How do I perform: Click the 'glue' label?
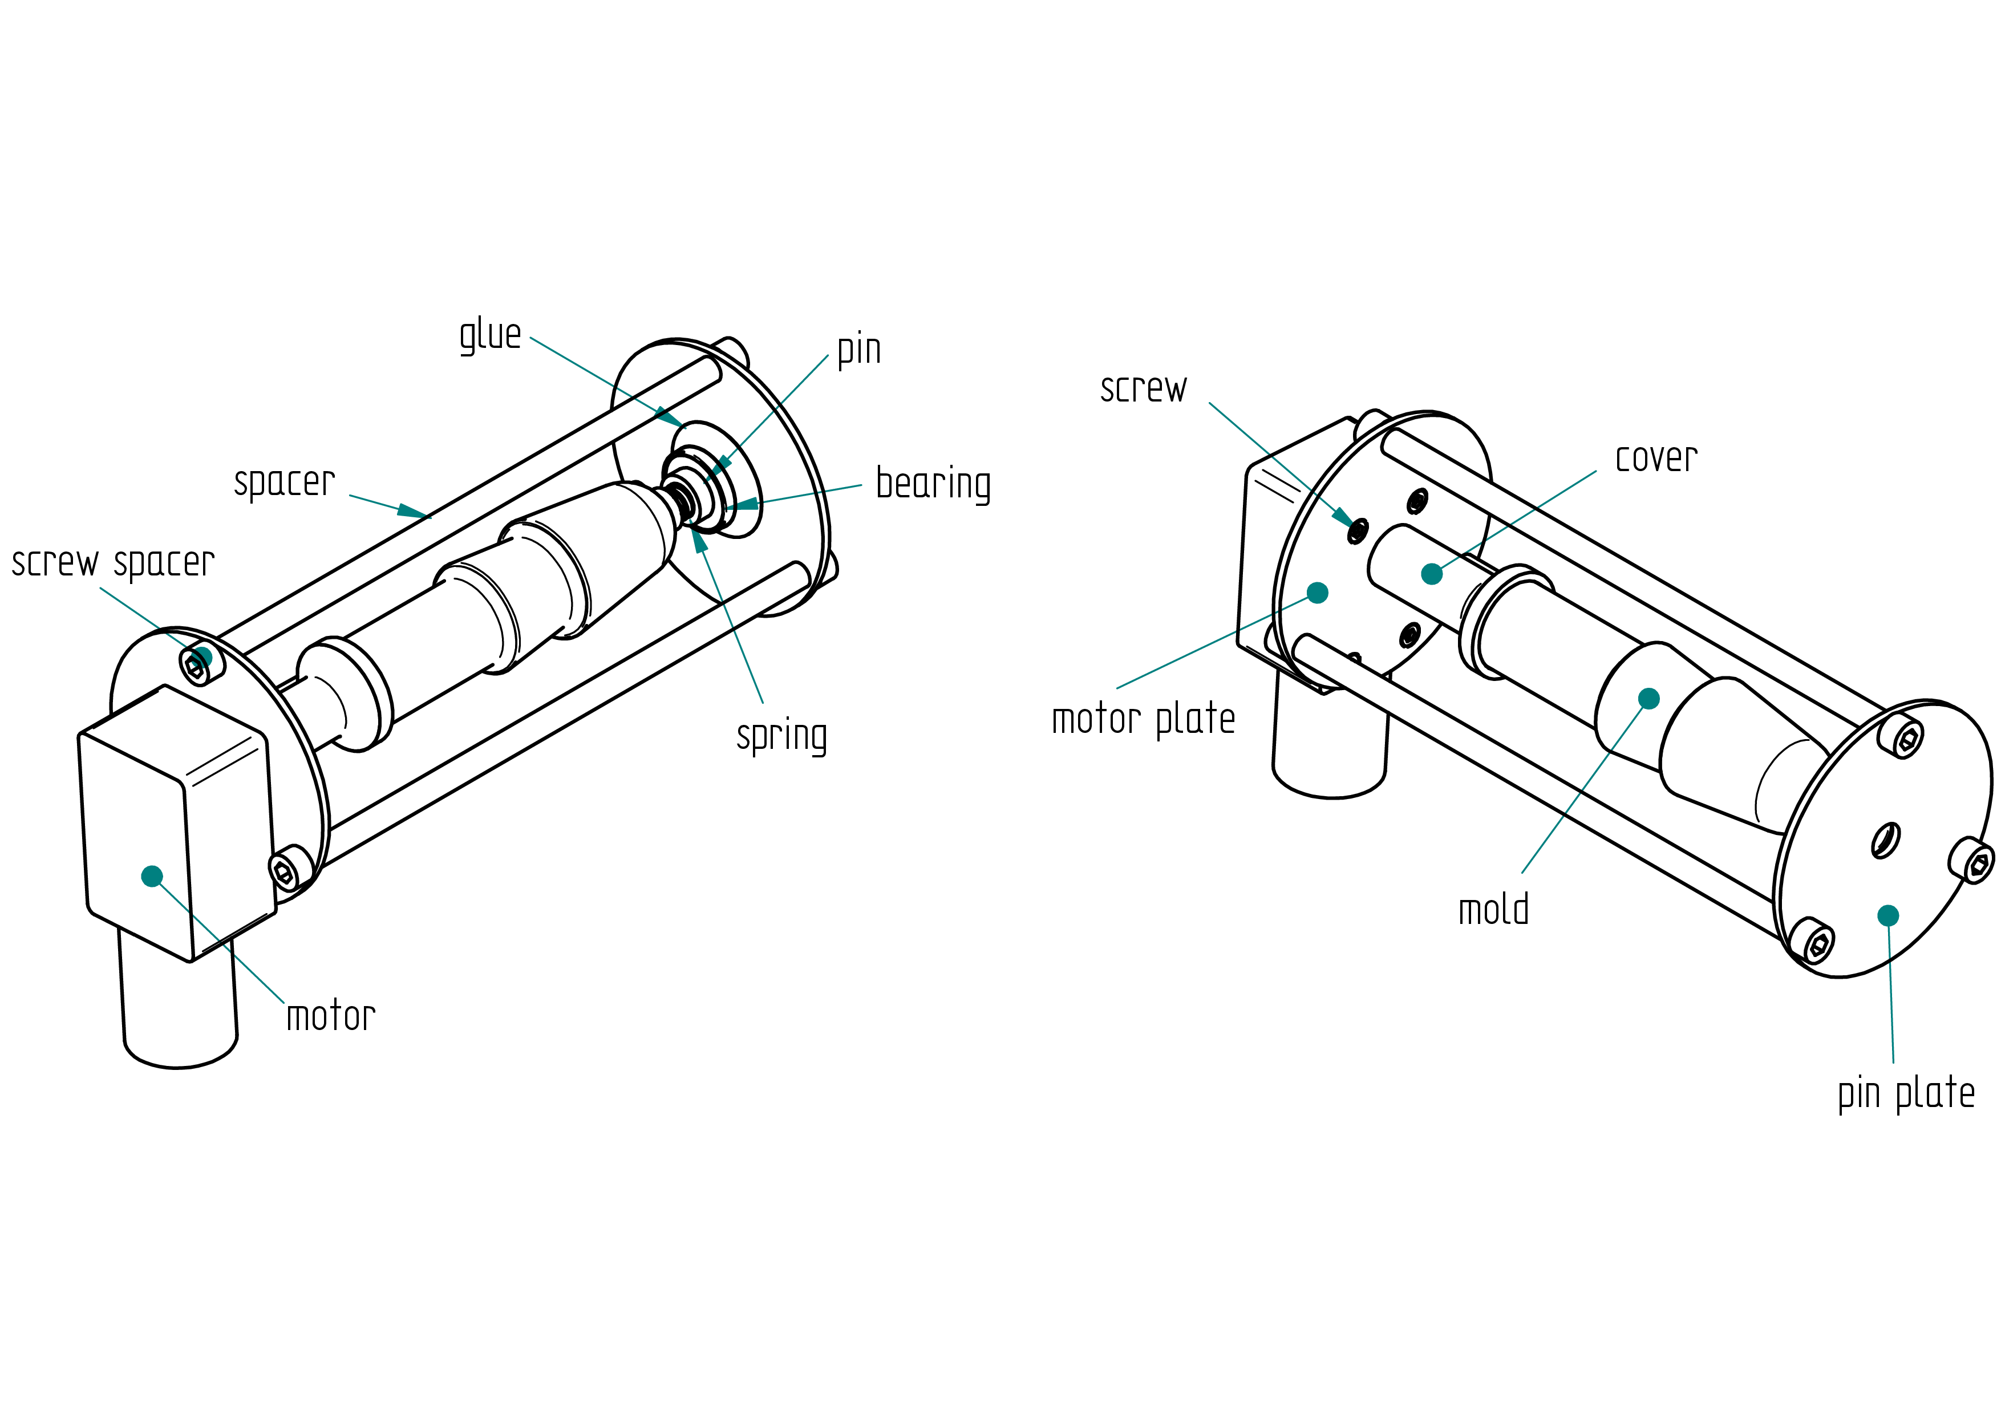pyautogui.click(x=490, y=335)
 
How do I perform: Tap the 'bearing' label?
pyautogui.click(x=933, y=484)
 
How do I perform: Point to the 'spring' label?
pyautogui.click(x=782, y=737)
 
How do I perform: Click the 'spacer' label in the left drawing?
pyautogui.click(x=284, y=483)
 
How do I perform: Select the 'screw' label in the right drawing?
pyautogui.click(x=1144, y=388)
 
